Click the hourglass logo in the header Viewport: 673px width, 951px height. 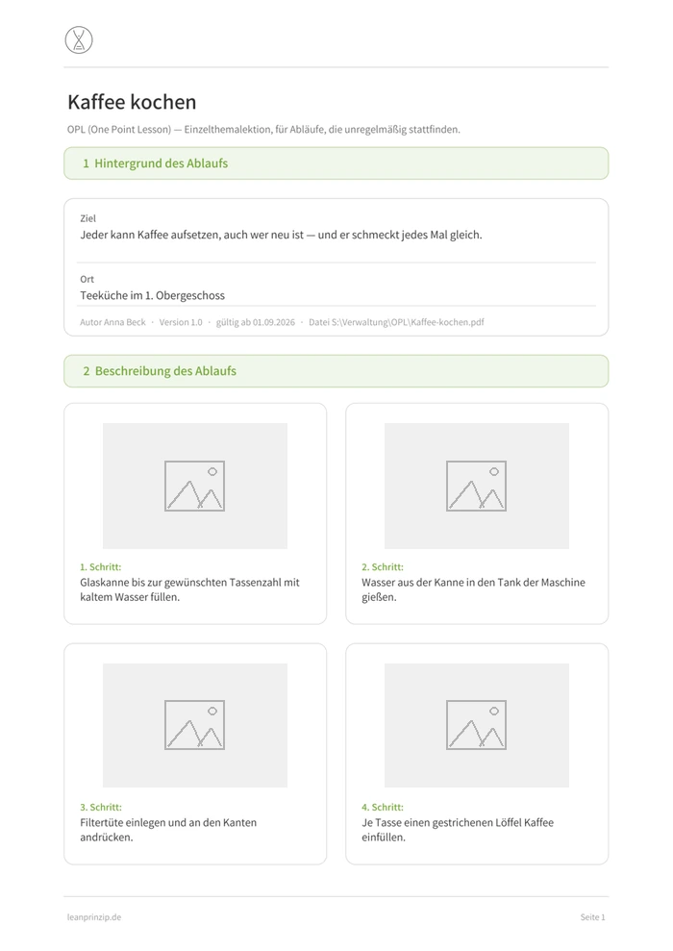point(79,40)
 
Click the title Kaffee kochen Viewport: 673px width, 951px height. point(132,102)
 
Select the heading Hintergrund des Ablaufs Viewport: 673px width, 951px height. point(162,163)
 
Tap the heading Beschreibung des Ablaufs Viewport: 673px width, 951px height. point(165,370)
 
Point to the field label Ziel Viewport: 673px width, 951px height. point(87,218)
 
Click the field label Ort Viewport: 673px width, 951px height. point(87,279)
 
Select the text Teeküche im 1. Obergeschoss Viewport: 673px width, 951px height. point(152,295)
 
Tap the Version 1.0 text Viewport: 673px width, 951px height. point(181,322)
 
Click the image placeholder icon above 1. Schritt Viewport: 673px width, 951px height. point(194,486)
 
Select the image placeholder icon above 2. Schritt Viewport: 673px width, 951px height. point(477,486)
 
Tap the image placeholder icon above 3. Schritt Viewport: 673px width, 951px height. point(194,725)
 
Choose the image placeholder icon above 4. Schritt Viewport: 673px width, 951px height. point(477,725)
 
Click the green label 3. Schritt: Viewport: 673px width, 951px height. point(101,808)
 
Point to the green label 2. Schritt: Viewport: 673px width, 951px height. point(383,567)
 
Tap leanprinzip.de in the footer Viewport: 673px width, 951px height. point(94,917)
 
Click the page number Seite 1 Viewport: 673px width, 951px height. point(592,917)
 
